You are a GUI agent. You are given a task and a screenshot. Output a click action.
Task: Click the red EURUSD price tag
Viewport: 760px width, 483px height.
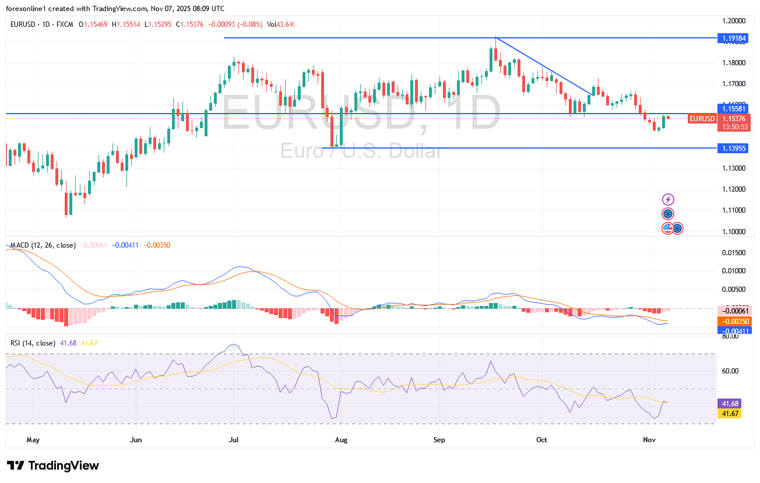pyautogui.click(x=702, y=119)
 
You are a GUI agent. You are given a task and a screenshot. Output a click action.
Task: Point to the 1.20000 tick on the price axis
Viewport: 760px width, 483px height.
pyautogui.click(x=733, y=20)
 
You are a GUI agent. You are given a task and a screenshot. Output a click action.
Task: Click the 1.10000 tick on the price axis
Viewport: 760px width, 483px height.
pyautogui.click(x=733, y=231)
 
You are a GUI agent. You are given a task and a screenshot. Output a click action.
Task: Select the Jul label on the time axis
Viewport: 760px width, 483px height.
pyautogui.click(x=234, y=440)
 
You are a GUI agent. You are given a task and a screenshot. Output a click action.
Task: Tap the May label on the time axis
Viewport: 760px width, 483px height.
pyautogui.click(x=33, y=440)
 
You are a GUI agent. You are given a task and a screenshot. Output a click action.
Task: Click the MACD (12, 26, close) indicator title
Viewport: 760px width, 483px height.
pyautogui.click(x=43, y=245)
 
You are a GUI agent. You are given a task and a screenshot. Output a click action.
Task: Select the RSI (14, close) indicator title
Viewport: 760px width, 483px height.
pyautogui.click(x=33, y=343)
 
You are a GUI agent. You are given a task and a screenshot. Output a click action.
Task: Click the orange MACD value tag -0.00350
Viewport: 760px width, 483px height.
pyautogui.click(x=737, y=322)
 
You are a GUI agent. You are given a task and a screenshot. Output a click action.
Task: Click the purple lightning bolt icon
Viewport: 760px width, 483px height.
pyautogui.click(x=668, y=199)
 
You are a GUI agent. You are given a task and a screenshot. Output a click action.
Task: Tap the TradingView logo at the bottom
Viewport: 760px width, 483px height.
pyautogui.click(x=53, y=466)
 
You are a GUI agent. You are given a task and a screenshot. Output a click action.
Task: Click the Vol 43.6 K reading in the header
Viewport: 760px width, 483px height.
pyautogui.click(x=280, y=24)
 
